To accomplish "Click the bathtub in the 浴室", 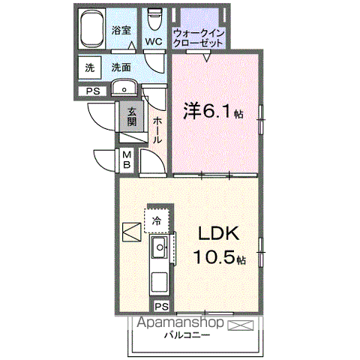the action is tap(92, 28).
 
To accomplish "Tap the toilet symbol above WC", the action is tap(154, 19).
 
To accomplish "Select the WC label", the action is tap(154, 41).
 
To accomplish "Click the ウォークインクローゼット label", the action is tap(199, 37).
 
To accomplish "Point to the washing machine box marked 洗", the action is tap(90, 67).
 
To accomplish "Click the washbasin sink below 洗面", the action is tap(124, 88).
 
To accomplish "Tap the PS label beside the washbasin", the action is tap(92, 91).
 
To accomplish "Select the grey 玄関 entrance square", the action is tap(132, 116).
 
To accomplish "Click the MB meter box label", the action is tap(127, 160).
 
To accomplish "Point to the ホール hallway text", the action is tap(157, 130).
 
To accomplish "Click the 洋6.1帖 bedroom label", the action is tap(213, 111).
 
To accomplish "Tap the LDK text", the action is tap(218, 233).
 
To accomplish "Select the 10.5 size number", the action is tap(214, 257).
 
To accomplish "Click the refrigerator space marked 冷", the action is tap(157, 220).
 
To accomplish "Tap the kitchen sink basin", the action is tap(158, 247).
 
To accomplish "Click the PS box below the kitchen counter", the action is tap(161, 306).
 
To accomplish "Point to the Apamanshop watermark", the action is tap(180, 322).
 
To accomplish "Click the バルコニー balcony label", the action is tap(187, 335).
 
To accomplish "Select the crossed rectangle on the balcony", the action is tap(241, 325).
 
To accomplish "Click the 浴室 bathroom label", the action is tap(121, 31).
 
